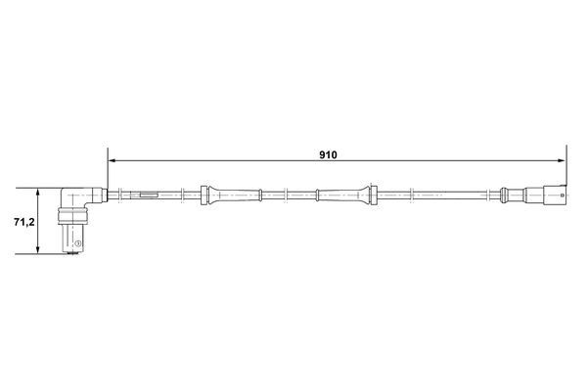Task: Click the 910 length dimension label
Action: point(328,154)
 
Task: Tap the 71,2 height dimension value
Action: point(24,222)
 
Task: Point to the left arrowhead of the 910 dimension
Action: point(112,161)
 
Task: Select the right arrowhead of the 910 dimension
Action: point(562,161)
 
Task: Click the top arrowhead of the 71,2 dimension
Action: point(37,193)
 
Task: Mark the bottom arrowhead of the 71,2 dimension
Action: point(37,249)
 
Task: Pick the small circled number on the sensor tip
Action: point(77,243)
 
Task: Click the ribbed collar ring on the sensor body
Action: point(72,217)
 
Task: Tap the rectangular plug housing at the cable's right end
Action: point(554,195)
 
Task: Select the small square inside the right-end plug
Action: point(562,195)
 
